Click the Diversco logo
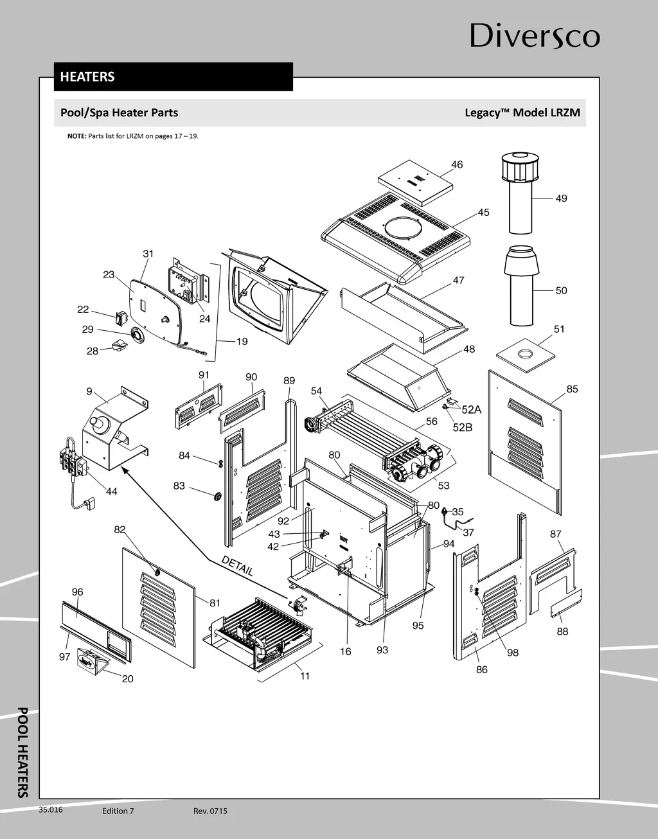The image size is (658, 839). (535, 36)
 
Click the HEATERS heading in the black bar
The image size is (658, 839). (87, 77)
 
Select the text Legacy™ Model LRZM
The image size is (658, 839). (522, 113)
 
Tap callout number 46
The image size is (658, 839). (457, 164)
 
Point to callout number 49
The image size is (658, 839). (561, 199)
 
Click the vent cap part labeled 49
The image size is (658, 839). (520, 193)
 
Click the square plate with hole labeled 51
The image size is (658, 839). (526, 354)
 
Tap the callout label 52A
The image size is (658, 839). (471, 410)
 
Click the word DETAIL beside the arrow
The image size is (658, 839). (237, 565)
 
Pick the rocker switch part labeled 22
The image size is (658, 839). (121, 317)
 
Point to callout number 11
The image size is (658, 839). (305, 676)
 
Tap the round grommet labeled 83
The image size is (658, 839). (217, 496)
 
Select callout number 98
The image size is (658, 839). (512, 653)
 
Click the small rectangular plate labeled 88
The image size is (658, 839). (566, 604)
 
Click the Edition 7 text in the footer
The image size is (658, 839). (118, 811)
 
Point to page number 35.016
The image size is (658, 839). (51, 810)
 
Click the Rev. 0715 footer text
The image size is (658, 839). (210, 811)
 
